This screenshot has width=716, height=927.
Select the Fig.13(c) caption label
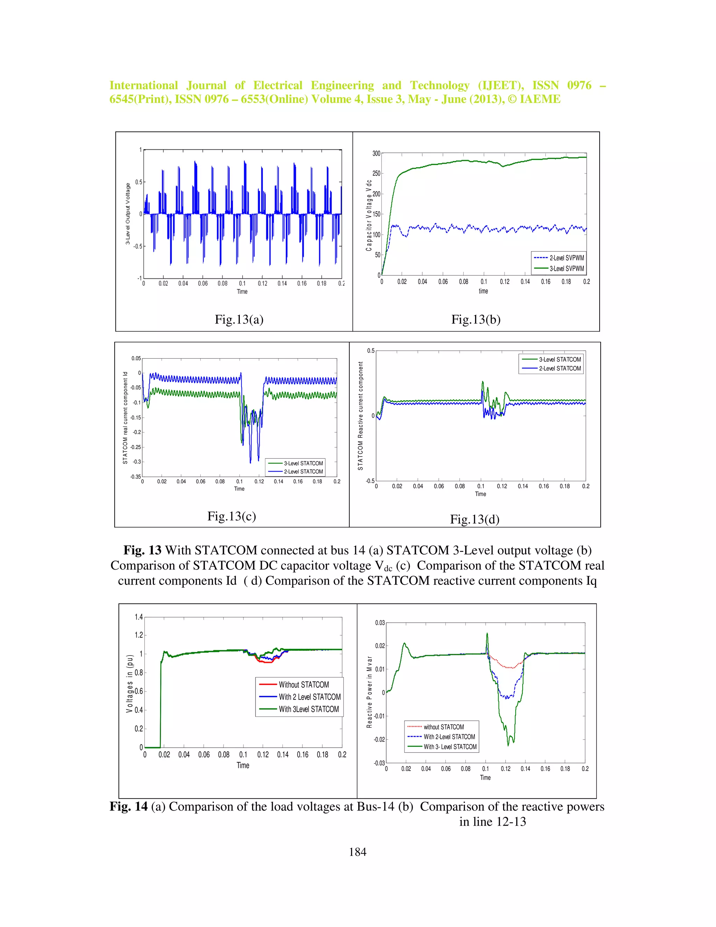click(231, 516)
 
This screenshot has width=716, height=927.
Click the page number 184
click(357, 852)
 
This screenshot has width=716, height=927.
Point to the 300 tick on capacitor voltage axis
click(376, 153)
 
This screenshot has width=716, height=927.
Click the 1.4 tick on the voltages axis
click(139, 617)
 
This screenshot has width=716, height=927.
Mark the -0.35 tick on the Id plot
click(135, 477)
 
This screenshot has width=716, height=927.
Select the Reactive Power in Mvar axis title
click(369, 692)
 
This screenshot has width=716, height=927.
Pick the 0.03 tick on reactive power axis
click(380, 623)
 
